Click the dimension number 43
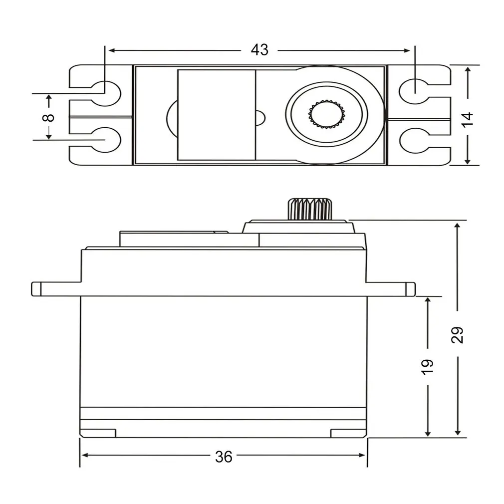(x=259, y=50)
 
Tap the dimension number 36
(x=224, y=456)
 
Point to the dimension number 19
(x=428, y=366)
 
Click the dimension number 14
(x=467, y=118)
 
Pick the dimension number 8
(x=48, y=118)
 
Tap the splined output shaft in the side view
(x=309, y=208)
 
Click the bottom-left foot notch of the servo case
(x=98, y=433)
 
